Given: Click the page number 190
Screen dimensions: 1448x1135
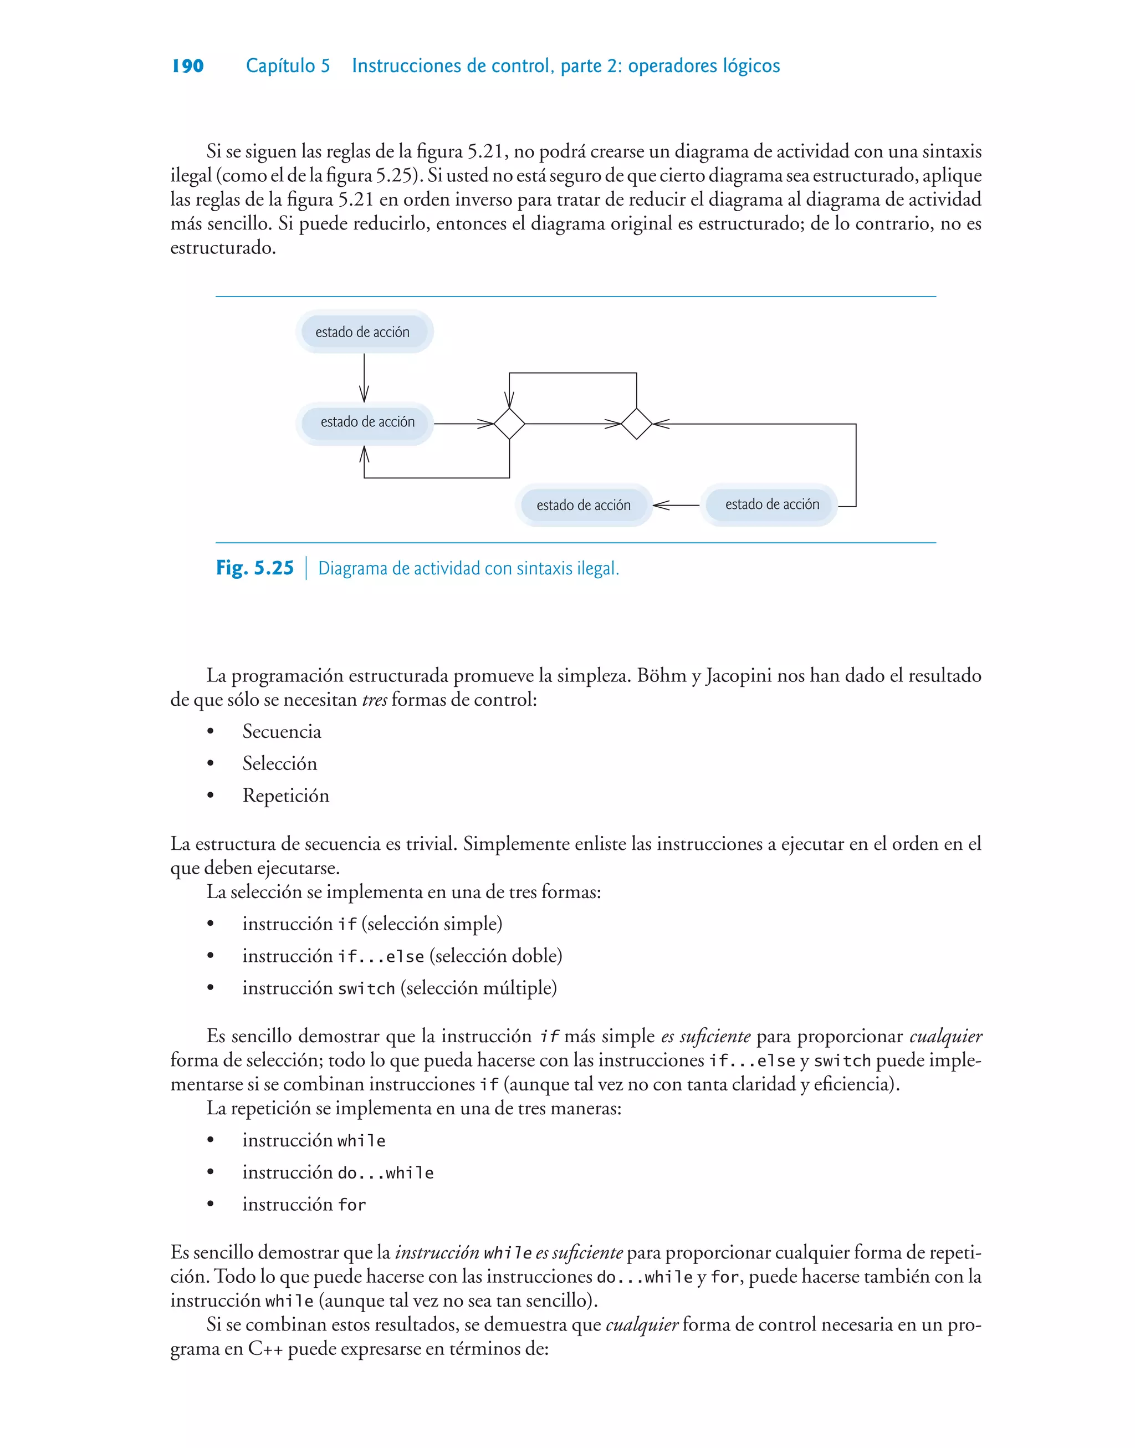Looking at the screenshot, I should [187, 66].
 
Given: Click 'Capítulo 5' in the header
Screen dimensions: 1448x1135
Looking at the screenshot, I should [288, 66].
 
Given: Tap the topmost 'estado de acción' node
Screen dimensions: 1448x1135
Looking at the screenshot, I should [363, 332].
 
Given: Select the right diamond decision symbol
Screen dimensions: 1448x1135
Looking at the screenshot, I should [637, 424].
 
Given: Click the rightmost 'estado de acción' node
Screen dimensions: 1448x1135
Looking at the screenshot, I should [771, 504].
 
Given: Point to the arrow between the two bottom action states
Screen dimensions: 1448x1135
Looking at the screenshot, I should [676, 506].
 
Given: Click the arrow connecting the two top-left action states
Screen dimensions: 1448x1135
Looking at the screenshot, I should [364, 378].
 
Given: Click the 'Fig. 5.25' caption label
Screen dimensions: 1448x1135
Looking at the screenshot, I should [255, 568].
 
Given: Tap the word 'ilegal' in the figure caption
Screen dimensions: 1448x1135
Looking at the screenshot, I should [597, 569].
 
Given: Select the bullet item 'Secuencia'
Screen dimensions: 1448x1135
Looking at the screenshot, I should [282, 732].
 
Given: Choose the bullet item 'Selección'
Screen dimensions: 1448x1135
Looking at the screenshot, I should [280, 763].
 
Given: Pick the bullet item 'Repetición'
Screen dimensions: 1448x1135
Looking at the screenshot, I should [286, 796].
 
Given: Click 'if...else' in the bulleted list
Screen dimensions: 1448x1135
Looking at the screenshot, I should [381, 957].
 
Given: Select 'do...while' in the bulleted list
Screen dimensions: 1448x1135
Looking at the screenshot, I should [385, 1174].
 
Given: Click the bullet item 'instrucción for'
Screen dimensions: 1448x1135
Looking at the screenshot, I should [304, 1205].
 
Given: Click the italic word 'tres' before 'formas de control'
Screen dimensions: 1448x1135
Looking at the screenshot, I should [374, 700].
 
